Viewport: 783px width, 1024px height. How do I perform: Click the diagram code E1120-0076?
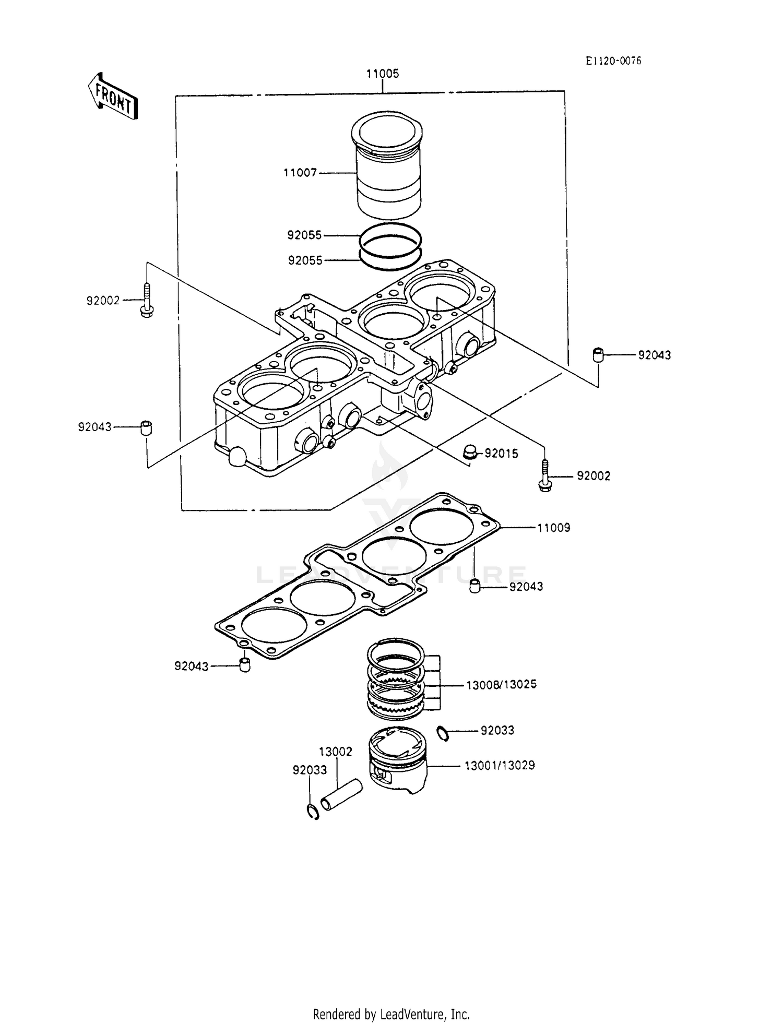click(613, 61)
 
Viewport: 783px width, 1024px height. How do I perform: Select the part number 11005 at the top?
click(382, 74)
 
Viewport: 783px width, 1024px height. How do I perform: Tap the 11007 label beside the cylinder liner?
click(300, 173)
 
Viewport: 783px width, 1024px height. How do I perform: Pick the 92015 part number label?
click(501, 454)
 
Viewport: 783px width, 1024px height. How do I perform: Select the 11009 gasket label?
click(554, 528)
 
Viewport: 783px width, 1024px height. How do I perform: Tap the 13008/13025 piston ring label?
click(501, 684)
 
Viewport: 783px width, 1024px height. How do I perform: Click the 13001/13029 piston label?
click(500, 766)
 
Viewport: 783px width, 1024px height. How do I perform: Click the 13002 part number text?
click(336, 752)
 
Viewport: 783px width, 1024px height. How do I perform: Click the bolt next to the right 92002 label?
click(544, 476)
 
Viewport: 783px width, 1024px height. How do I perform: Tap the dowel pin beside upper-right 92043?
click(598, 355)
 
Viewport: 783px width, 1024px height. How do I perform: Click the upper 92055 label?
click(304, 235)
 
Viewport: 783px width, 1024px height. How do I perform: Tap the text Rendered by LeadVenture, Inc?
click(391, 1014)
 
